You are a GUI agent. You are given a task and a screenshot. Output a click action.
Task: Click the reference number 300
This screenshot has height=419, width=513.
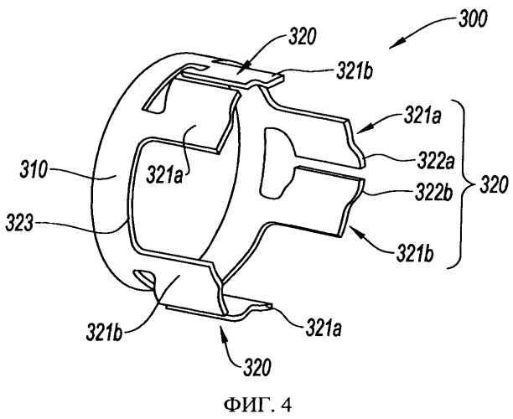[x=472, y=19]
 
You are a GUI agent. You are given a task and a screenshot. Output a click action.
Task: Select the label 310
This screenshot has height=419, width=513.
[x=34, y=170]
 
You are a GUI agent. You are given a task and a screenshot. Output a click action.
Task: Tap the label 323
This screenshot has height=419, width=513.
[x=19, y=225]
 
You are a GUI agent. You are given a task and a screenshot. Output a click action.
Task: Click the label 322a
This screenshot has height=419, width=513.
[x=436, y=162]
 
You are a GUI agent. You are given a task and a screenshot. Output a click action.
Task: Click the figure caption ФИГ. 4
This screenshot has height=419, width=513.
[x=257, y=406]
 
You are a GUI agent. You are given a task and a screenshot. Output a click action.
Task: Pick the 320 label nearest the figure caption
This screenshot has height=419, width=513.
[x=257, y=368]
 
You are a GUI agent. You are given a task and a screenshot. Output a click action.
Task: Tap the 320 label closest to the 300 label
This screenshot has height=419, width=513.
[x=302, y=37]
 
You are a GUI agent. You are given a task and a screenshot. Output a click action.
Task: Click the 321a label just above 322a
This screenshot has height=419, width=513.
[x=422, y=116]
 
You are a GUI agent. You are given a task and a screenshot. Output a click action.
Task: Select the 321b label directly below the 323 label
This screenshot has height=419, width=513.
[x=105, y=333]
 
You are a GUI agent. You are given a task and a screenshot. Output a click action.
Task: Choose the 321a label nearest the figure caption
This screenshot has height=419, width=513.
[x=324, y=328]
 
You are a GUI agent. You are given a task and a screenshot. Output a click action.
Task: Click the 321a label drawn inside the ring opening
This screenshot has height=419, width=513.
[x=164, y=174]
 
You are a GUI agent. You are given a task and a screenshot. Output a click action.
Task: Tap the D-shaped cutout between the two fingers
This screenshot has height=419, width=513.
[x=274, y=163]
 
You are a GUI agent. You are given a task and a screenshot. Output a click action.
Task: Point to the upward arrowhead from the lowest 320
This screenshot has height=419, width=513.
[x=224, y=330]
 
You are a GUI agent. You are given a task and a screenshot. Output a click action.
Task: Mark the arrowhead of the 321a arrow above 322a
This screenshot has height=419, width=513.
[x=360, y=131]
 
